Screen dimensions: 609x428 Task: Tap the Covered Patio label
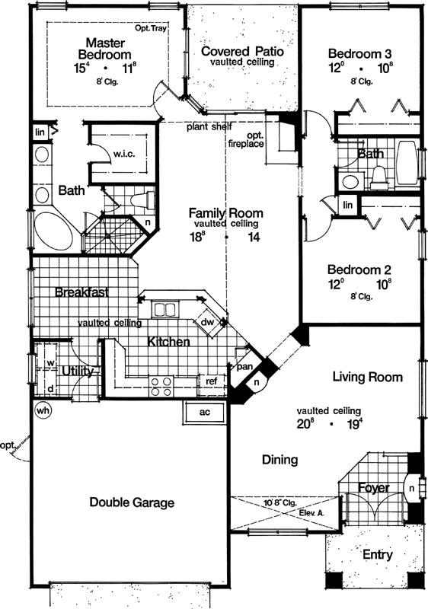click(242, 52)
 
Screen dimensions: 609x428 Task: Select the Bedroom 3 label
click(362, 53)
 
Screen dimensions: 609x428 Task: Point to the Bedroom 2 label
click(360, 269)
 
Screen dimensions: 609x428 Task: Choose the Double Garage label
click(132, 502)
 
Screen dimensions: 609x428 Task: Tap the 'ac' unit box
click(203, 412)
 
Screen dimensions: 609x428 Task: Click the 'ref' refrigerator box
click(210, 380)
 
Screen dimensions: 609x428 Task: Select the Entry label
click(377, 555)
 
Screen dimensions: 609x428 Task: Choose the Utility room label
click(78, 371)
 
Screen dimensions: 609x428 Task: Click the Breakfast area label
click(81, 292)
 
